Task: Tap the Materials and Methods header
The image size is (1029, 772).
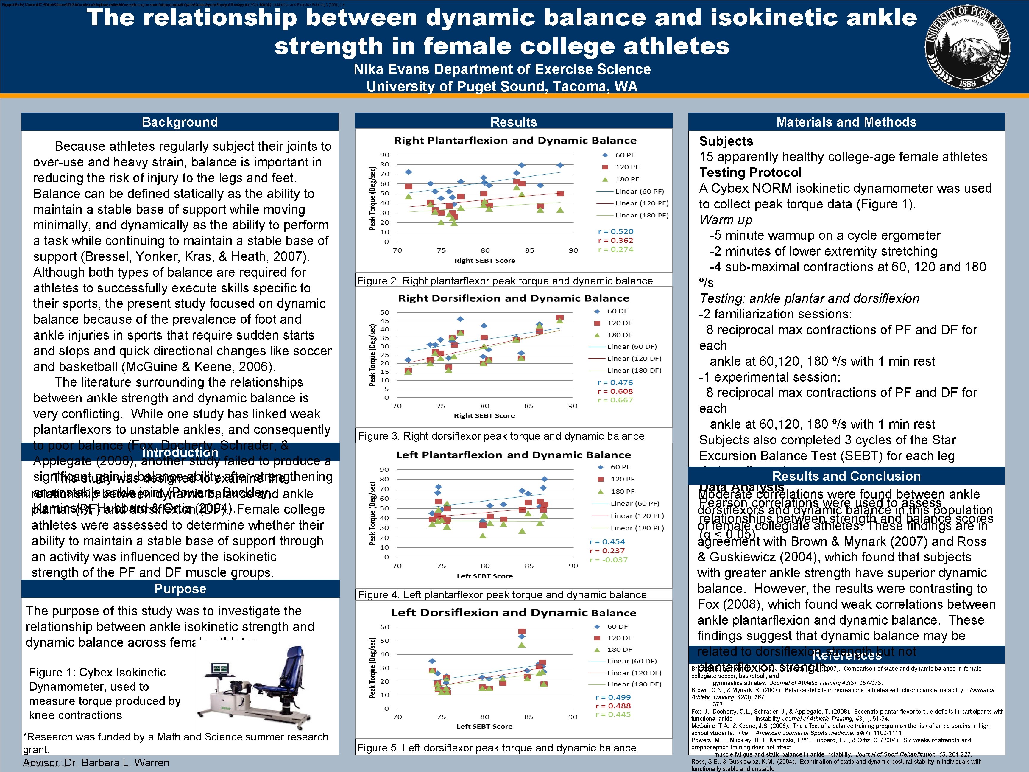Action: click(x=846, y=122)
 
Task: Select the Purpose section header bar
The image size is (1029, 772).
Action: click(x=180, y=589)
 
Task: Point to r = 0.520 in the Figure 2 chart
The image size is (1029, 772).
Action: click(x=615, y=231)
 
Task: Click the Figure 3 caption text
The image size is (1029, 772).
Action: click(x=501, y=436)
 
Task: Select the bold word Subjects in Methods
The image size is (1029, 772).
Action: click(x=726, y=141)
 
